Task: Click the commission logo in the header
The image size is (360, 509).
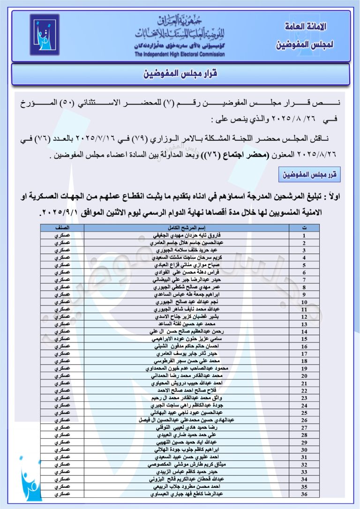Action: (45, 35)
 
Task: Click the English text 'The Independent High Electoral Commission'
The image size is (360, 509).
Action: (180, 54)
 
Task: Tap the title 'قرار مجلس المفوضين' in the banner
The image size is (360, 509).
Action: (180, 74)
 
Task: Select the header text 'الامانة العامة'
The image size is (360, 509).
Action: (306, 27)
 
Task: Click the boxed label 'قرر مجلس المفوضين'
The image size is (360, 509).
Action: (307, 175)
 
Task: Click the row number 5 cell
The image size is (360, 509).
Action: (304, 265)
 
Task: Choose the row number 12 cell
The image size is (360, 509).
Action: (304, 317)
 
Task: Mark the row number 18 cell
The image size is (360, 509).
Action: (304, 362)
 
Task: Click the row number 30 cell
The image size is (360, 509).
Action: (304, 449)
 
